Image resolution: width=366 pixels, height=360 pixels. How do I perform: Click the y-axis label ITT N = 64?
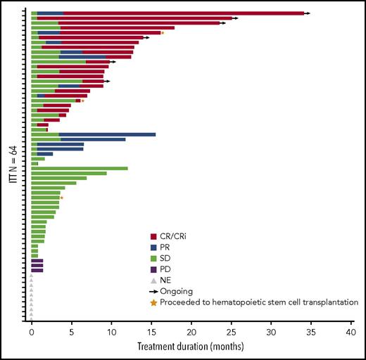pos(12,166)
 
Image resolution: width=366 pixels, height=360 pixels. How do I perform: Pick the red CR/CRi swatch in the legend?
pos(154,237)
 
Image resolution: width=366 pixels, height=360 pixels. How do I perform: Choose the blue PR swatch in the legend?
pos(154,247)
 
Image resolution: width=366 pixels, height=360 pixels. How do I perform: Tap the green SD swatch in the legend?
pos(154,258)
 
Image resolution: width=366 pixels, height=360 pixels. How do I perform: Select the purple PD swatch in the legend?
pos(154,269)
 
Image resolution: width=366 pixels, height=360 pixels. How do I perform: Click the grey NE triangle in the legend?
pos(154,280)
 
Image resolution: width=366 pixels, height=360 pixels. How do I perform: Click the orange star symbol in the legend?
pos(154,302)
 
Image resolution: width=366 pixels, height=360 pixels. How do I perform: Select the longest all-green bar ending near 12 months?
pos(80,168)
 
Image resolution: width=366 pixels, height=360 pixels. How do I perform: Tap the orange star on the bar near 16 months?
pos(163,32)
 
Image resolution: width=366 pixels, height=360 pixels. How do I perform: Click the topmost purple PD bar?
pos(37,260)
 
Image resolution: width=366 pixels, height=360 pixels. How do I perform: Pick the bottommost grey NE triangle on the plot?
pos(31,319)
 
